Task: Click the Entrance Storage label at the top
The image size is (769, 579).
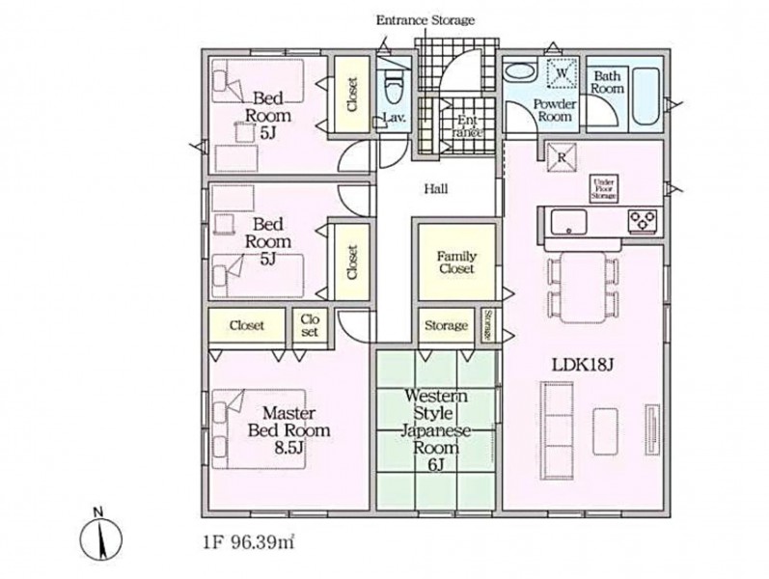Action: pos(426,20)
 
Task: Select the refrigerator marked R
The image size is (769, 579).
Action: pos(563,157)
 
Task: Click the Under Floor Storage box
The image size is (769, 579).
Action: pos(603,188)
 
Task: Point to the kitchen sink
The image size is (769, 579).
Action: pos(568,222)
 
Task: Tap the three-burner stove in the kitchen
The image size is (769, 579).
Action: pos(643,220)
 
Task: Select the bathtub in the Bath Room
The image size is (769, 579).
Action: pos(645,97)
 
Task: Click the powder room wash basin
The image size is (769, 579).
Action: pos(520,72)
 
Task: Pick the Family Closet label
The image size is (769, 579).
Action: pos(456,262)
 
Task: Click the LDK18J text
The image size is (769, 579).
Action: pos(583,365)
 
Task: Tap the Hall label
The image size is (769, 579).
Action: pos(436,189)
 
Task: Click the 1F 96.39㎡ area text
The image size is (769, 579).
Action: pos(248,542)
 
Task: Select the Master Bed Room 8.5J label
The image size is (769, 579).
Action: pos(288,430)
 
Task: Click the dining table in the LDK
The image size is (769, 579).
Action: pos(583,287)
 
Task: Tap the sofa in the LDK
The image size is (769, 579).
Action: pos(557,430)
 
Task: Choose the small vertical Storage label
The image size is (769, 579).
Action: pos(488,325)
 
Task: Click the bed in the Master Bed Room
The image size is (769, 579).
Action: pos(260,428)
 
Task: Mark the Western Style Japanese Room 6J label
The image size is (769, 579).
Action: pos(435,429)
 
